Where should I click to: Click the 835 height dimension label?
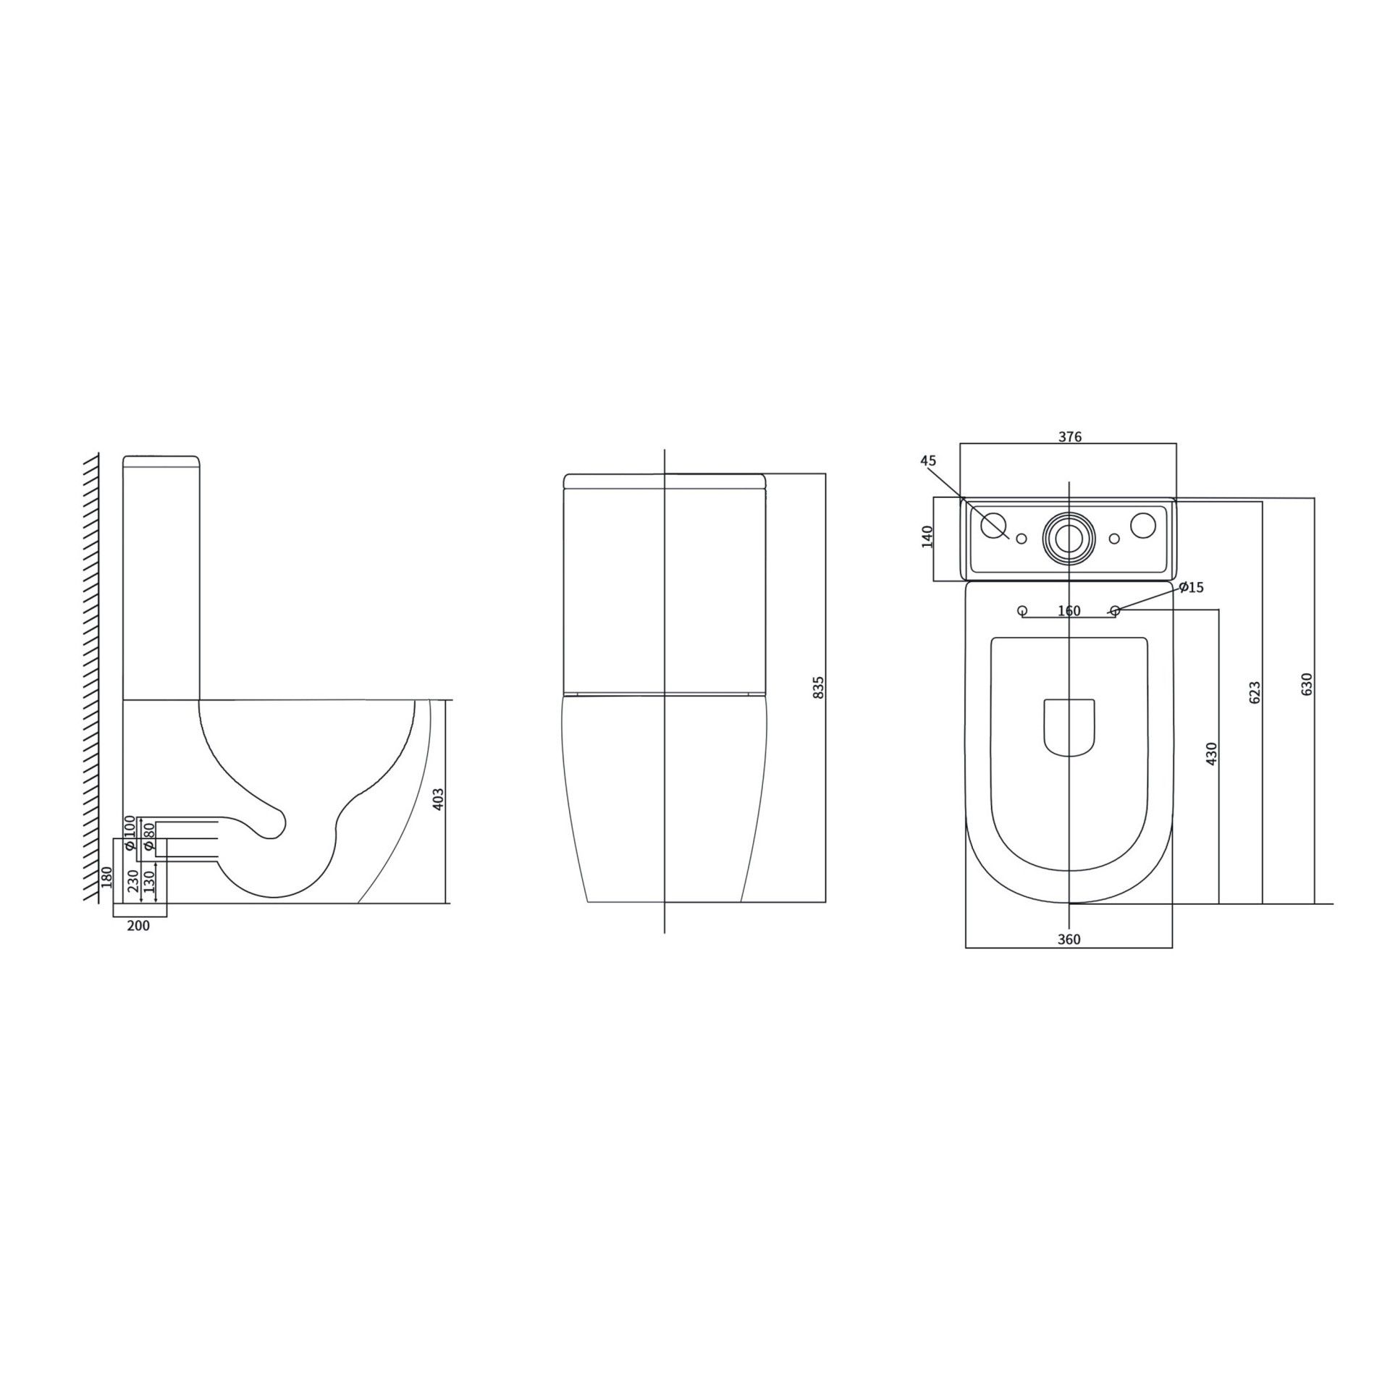819,688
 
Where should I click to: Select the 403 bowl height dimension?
437,799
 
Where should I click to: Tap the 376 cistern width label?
1069,437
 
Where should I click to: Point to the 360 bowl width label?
1069,940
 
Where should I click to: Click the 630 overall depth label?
1307,684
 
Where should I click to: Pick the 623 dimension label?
1255,692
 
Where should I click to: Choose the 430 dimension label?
1212,753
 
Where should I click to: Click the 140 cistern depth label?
927,536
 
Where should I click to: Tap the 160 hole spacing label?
1069,611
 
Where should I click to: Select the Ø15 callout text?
1191,587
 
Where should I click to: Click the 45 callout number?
928,460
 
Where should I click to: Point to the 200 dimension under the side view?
138,925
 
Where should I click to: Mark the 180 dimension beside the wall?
107,877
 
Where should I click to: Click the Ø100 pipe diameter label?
130,833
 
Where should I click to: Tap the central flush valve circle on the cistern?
1069,538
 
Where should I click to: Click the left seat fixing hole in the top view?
1022,610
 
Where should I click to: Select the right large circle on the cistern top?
1145,526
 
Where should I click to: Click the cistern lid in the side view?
161,461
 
